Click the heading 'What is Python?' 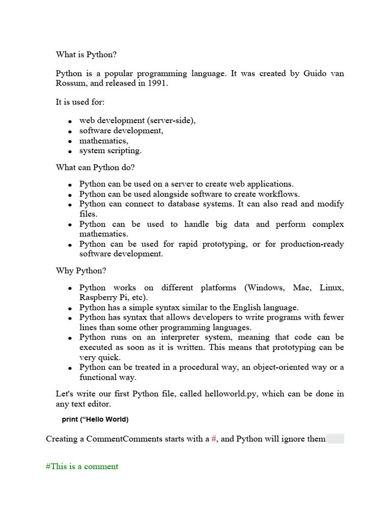pos(86,54)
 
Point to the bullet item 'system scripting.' pos(110,151)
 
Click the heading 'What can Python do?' pos(95,167)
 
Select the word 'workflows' pos(280,194)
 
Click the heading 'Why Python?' pos(81,271)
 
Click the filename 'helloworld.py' pos(229,394)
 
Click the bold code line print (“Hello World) pos(95,420)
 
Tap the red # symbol pos(214,439)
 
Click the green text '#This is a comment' pos(82,467)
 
